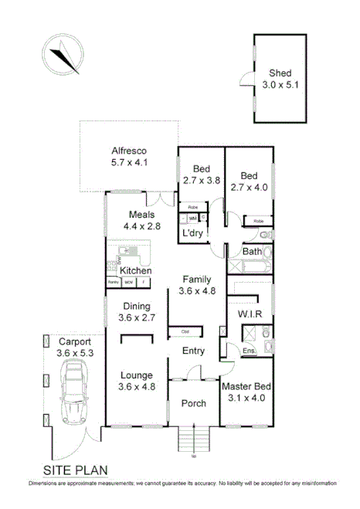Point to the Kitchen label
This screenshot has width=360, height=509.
pos(135,271)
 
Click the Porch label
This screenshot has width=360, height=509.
pos(193,404)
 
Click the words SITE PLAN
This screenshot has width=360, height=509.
pos(75,470)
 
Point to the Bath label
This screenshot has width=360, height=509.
pos(252,252)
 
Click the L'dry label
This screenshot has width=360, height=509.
pos(192,232)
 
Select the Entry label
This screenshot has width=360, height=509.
pos(193,351)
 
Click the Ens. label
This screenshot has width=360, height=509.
pos(249,351)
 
